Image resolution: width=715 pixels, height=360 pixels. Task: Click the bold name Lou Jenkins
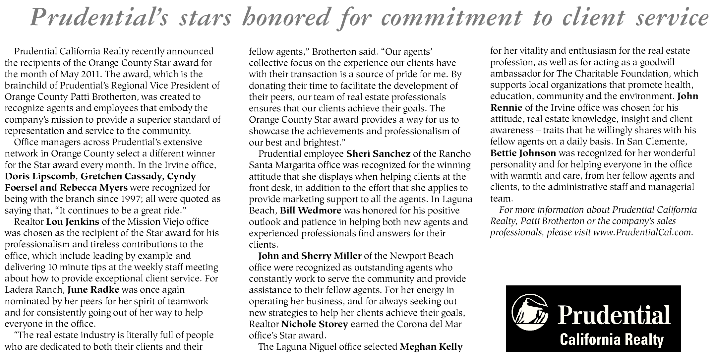(73, 222)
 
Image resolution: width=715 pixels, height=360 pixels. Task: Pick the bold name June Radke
(93, 290)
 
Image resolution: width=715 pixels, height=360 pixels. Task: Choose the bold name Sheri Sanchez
(378, 154)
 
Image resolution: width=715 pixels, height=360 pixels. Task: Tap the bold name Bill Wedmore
(311, 210)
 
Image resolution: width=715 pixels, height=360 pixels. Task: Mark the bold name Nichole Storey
(315, 324)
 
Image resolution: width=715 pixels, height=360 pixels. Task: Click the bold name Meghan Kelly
(431, 347)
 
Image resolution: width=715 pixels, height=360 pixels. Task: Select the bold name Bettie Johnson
(523, 153)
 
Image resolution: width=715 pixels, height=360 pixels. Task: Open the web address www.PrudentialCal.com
(643, 232)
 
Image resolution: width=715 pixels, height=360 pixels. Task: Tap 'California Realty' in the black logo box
(611, 340)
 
